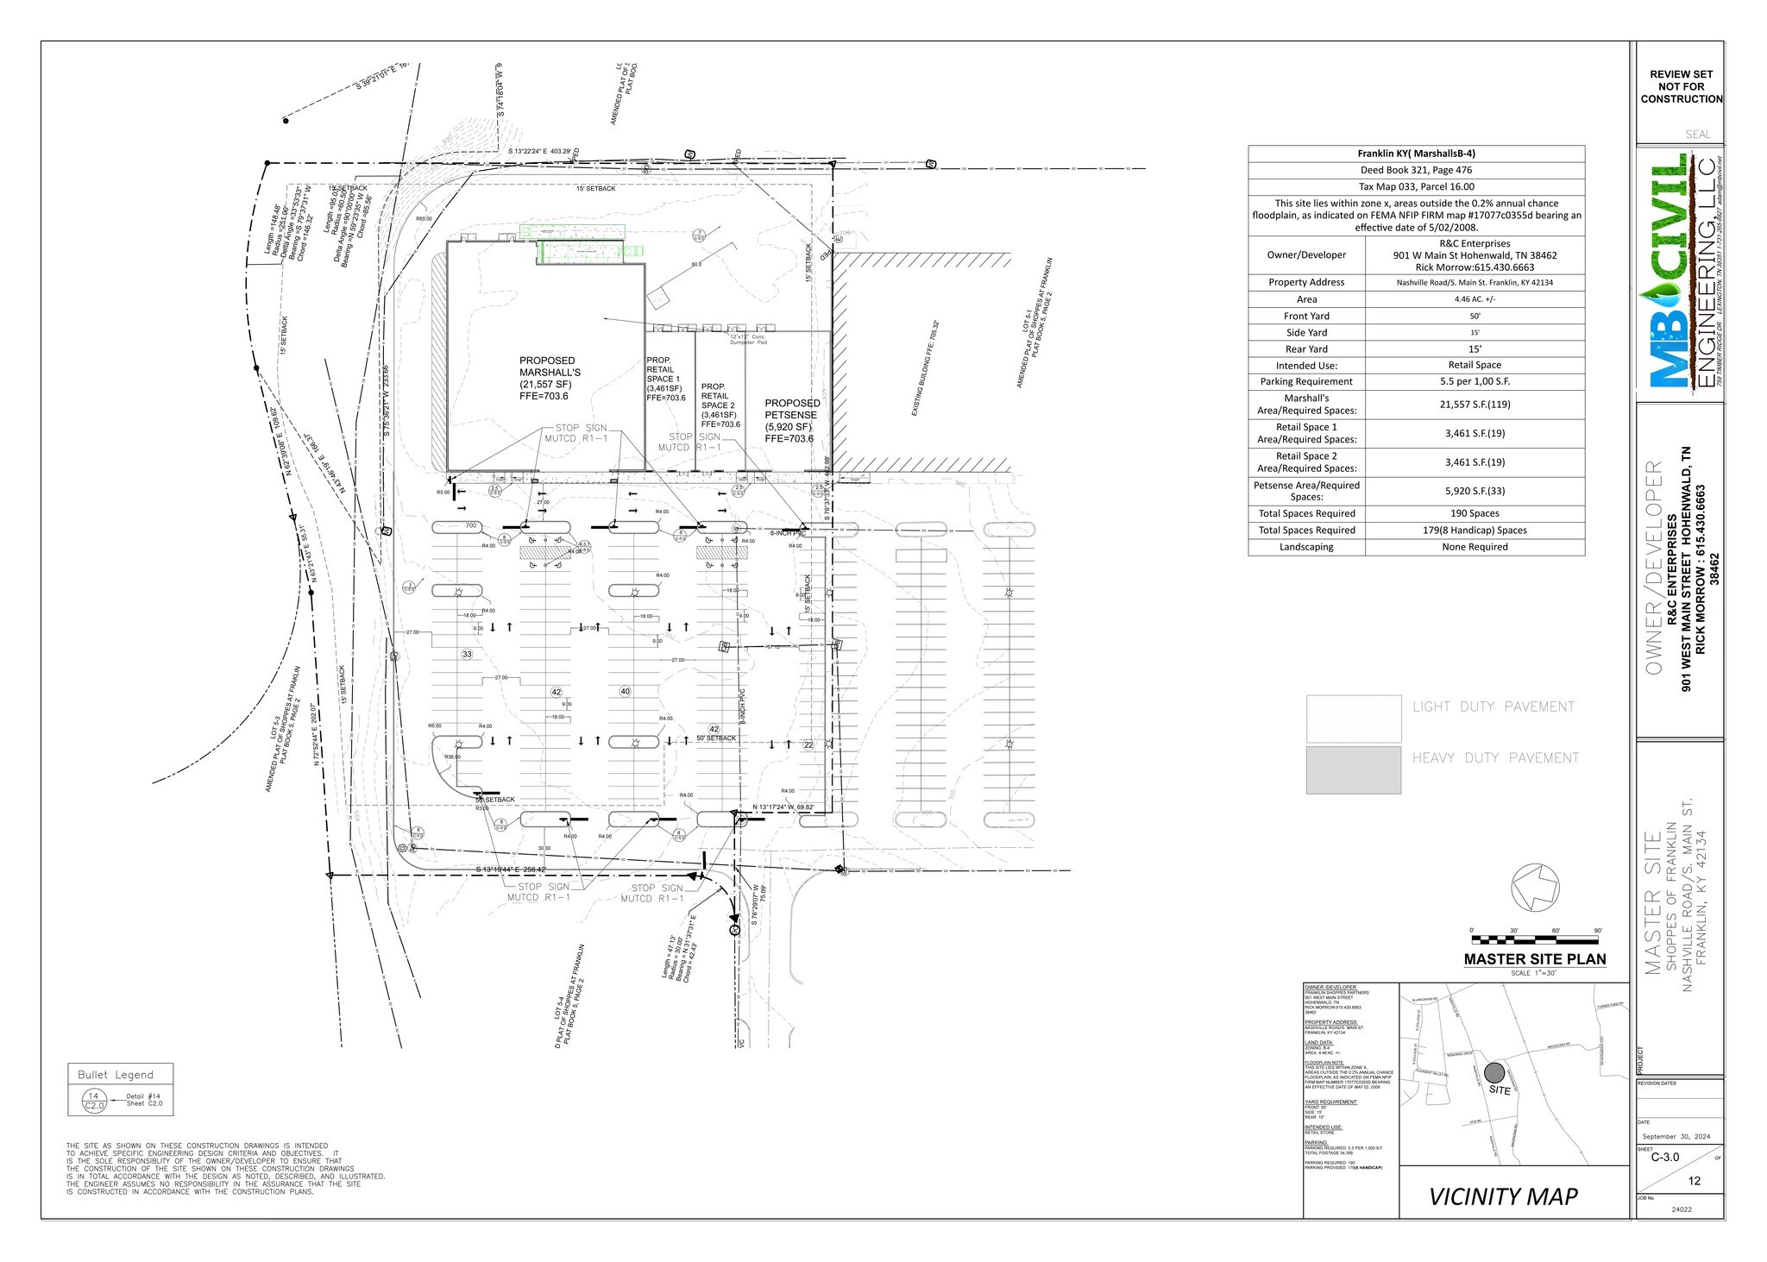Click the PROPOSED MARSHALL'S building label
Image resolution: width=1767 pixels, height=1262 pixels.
(549, 378)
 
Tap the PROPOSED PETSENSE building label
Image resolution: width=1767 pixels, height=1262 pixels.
(791, 420)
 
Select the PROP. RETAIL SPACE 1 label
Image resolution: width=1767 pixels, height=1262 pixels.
(665, 379)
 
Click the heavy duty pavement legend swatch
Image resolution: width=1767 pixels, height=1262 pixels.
(1353, 769)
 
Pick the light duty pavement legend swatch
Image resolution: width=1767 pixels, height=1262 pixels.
(1353, 719)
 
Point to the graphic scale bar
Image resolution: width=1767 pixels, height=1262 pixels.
(1536, 939)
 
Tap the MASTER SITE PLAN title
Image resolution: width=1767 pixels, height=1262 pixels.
(1535, 959)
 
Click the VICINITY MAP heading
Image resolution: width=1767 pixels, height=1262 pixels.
(1503, 1196)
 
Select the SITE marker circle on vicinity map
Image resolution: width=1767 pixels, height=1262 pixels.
(1494, 1072)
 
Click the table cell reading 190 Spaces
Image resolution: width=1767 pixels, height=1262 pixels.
(1475, 513)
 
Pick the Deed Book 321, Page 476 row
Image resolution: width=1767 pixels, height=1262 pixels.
(1416, 170)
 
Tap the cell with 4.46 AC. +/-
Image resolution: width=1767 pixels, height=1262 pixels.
(1475, 299)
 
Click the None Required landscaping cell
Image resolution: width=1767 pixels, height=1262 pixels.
(1475, 547)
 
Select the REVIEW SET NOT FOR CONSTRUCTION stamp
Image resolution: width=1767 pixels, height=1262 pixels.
(1681, 87)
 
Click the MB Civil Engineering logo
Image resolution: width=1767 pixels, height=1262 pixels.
(1680, 272)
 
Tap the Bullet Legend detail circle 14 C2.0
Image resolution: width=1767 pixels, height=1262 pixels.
(93, 1100)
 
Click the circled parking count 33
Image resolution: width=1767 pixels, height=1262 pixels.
(467, 655)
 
